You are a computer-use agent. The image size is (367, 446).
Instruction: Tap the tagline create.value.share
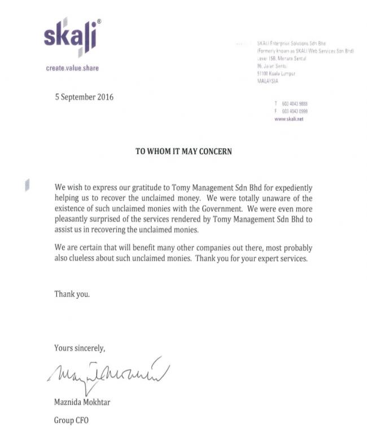click(72, 68)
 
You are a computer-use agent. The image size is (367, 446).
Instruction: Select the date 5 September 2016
click(84, 97)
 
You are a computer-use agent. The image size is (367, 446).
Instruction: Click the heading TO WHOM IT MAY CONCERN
click(183, 151)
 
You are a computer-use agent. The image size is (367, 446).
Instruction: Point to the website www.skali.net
click(288, 119)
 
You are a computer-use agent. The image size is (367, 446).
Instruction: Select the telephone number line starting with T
click(291, 104)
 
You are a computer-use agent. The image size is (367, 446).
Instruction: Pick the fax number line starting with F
click(291, 111)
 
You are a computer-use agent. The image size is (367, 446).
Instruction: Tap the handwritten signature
click(107, 373)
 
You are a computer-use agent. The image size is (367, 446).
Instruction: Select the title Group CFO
click(71, 421)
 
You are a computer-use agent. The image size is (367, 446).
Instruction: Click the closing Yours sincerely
click(80, 347)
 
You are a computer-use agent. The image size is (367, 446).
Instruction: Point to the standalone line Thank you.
click(72, 294)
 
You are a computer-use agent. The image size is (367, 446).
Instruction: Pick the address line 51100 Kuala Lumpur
click(276, 73)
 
